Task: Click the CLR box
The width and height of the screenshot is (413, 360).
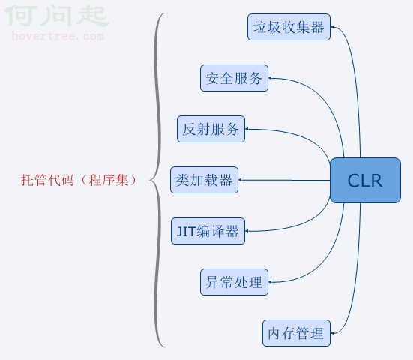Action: click(x=365, y=181)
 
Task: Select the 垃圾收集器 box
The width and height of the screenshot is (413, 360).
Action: click(x=289, y=27)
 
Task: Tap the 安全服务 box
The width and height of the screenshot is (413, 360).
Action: click(x=234, y=78)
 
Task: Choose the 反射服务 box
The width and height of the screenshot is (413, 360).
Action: click(x=211, y=129)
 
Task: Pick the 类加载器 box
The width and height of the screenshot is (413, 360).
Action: click(x=205, y=180)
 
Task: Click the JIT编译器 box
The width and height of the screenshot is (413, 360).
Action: click(x=208, y=231)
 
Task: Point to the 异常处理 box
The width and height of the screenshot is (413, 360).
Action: click(x=234, y=282)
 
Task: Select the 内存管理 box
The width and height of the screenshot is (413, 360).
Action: click(x=296, y=333)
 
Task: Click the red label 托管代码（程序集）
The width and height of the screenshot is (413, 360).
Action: click(x=79, y=181)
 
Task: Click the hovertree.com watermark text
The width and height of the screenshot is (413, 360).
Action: click(x=58, y=36)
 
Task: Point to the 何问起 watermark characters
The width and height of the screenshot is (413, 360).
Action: click(x=57, y=16)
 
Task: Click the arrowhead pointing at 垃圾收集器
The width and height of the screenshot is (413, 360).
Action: click(x=332, y=27)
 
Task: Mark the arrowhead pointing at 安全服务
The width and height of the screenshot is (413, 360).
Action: click(x=270, y=78)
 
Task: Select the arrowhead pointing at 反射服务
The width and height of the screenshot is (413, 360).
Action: click(x=247, y=129)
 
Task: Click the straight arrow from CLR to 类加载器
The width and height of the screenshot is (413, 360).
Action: click(x=284, y=180)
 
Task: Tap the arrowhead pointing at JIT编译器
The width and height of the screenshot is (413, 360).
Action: click(x=247, y=231)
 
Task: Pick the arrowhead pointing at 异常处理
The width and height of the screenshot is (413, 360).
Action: click(x=270, y=282)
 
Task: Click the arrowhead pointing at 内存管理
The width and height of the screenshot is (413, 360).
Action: click(x=332, y=333)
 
